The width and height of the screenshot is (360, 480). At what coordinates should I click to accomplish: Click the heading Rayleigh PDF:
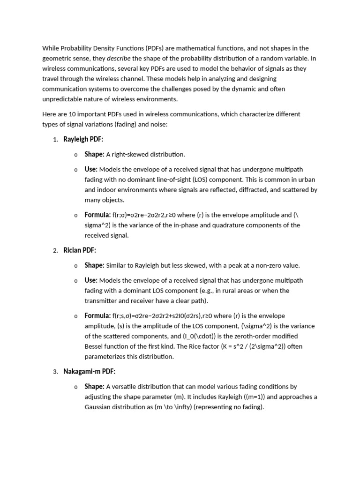click(83, 139)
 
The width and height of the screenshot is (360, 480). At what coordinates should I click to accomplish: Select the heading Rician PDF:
click(80, 250)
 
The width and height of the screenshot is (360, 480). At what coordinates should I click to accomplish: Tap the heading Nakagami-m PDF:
click(89, 371)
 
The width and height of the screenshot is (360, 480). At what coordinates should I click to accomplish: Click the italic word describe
click(119, 58)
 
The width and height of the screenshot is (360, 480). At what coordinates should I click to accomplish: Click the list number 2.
click(55, 251)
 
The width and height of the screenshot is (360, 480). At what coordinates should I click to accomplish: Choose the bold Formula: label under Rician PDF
click(97, 315)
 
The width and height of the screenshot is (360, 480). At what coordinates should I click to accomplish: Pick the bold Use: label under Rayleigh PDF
click(91, 169)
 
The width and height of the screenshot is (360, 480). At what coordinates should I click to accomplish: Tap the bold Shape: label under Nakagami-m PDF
click(94, 386)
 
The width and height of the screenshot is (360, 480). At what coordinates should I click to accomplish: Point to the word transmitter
click(102, 301)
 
